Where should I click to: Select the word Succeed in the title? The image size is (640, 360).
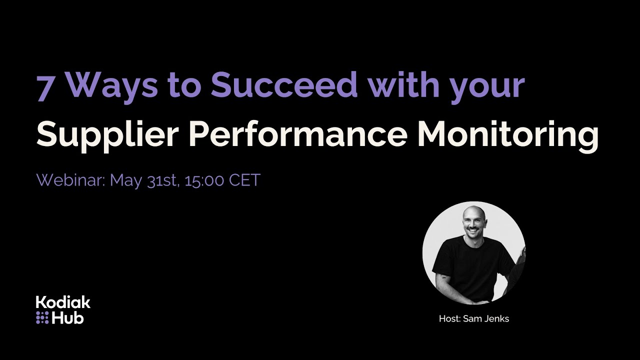click(284, 85)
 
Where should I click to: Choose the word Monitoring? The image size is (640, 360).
click(507, 135)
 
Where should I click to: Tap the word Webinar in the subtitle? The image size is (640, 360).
click(69, 180)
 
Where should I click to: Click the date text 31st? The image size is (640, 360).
click(163, 180)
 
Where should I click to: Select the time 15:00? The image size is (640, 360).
click(204, 180)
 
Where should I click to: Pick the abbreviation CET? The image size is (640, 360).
click(244, 180)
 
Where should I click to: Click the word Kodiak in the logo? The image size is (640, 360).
click(63, 302)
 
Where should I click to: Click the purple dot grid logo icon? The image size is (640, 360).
click(42, 317)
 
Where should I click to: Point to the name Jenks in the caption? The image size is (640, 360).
click(496, 318)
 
